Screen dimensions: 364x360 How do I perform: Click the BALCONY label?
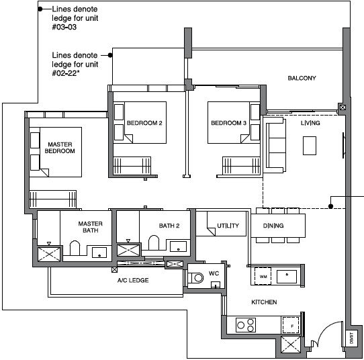(x=302, y=78)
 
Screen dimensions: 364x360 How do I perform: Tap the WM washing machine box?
(x=263, y=276)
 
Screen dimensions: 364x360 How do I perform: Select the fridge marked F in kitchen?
(x=291, y=326)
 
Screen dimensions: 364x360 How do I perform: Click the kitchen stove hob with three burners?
(x=246, y=325)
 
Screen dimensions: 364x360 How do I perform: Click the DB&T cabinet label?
(x=351, y=338)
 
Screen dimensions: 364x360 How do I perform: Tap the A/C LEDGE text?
(x=133, y=280)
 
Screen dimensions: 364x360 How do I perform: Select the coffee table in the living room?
(x=310, y=146)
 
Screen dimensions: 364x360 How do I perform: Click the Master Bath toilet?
(x=75, y=248)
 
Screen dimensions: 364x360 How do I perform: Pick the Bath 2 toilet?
(x=154, y=242)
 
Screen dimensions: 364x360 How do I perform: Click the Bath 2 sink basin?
(x=178, y=246)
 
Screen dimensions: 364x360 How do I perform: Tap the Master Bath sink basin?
(x=99, y=253)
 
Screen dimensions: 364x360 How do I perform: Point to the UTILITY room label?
(x=228, y=226)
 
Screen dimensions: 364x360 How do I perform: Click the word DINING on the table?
(x=273, y=226)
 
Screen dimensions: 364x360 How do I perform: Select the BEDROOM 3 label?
(x=228, y=123)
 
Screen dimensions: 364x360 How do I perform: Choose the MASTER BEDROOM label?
(x=60, y=148)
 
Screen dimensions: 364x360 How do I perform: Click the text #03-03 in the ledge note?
(x=64, y=27)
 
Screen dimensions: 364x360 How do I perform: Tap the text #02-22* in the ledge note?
(x=66, y=73)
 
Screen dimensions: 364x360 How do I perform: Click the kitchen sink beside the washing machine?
(x=287, y=277)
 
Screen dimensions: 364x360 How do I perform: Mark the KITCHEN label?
(x=264, y=302)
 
